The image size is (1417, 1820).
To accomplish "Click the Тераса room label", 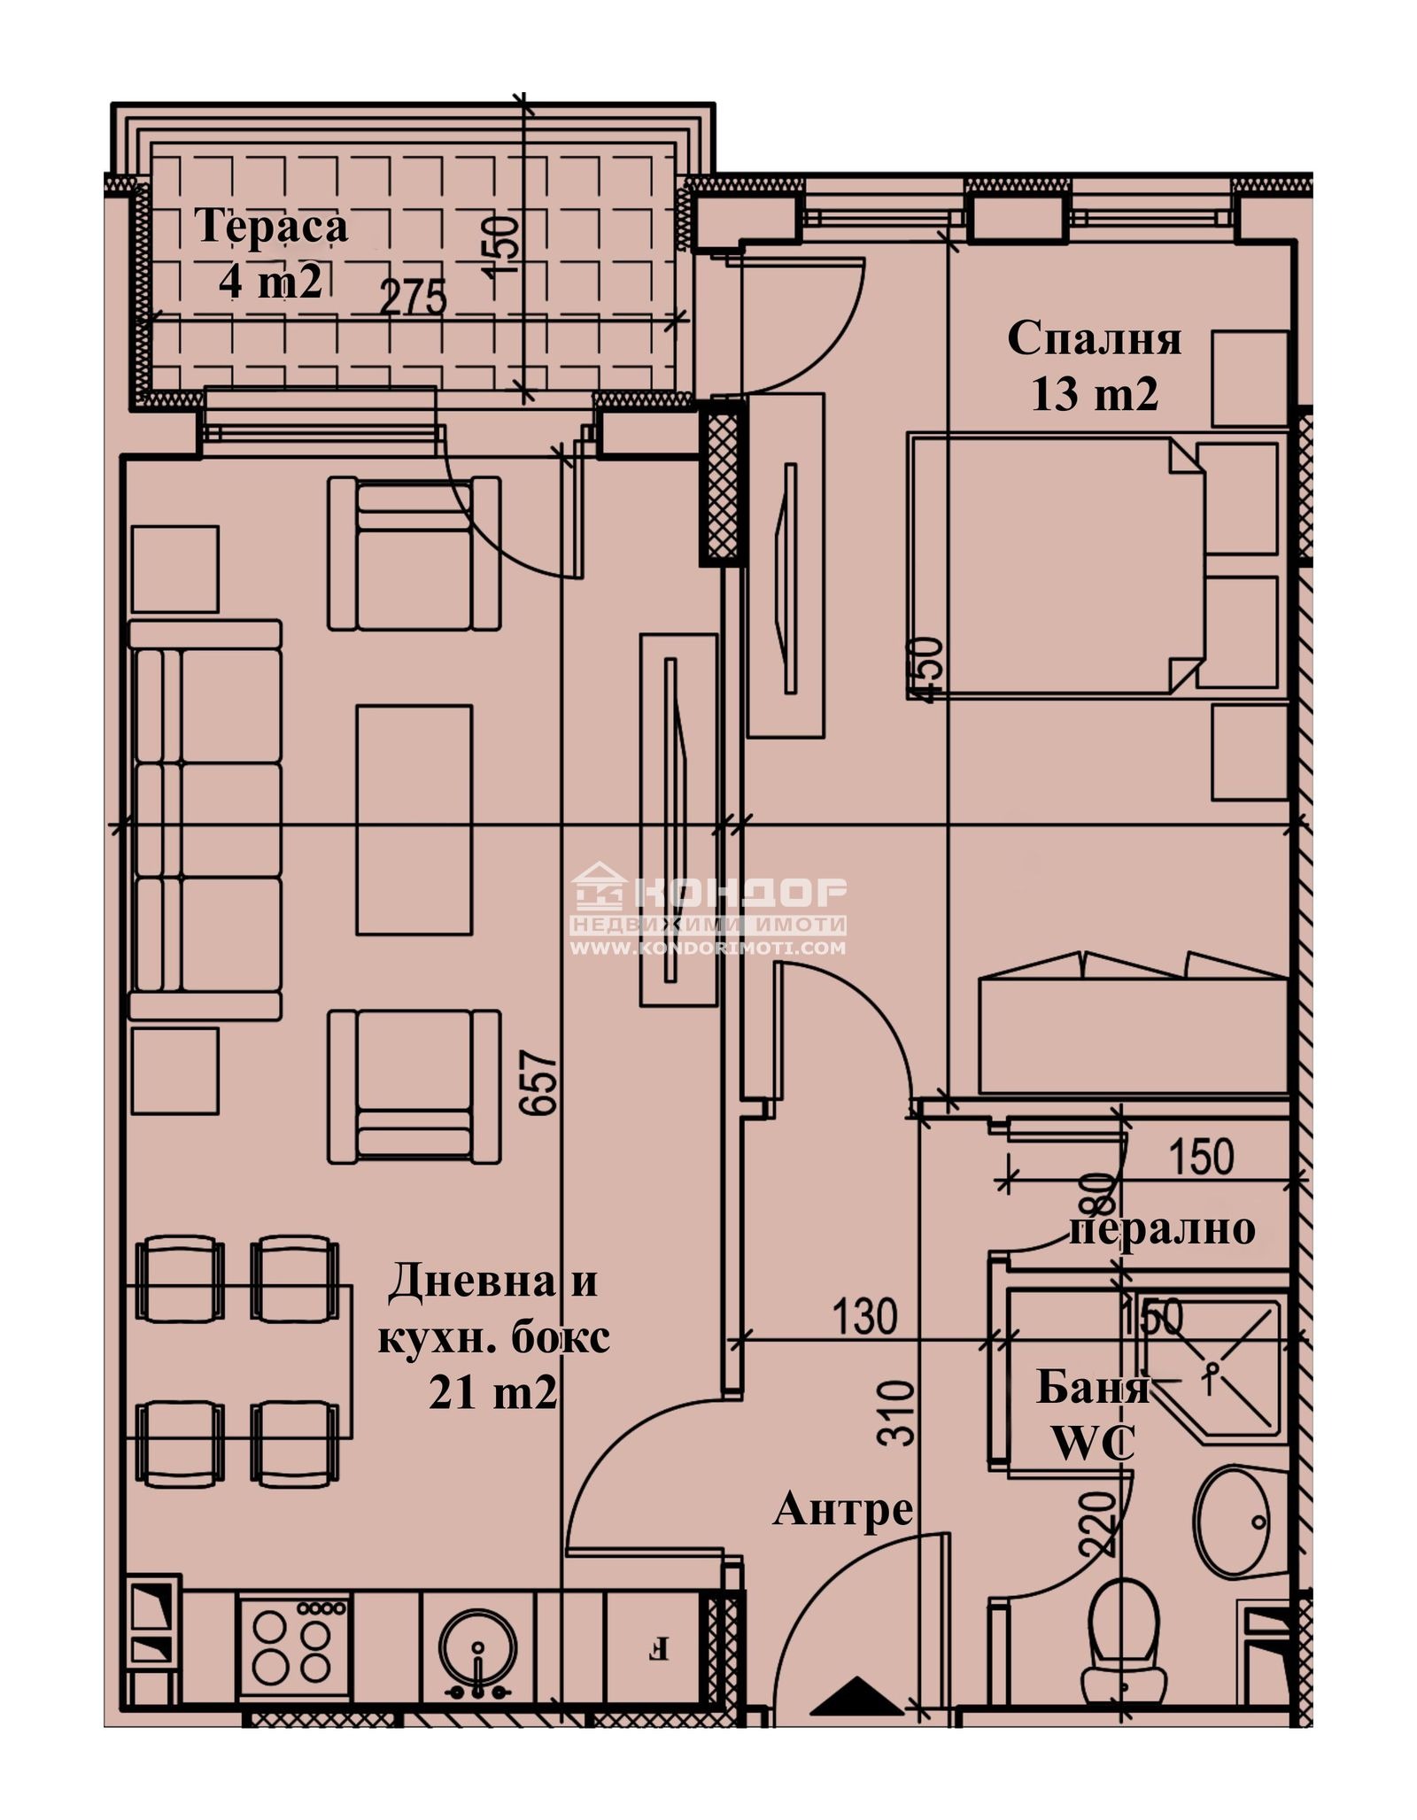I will pos(271,226).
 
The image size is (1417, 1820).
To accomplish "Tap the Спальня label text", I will pos(1094,339).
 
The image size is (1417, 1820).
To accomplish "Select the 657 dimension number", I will pos(541,1082).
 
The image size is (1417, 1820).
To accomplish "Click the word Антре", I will pos(842,1509).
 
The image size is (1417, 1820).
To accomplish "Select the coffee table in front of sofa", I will pos(414,819).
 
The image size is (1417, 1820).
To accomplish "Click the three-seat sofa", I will pos(205,819).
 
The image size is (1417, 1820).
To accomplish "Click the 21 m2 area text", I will pos(492,1393).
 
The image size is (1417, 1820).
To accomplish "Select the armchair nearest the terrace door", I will pos(414,554).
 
